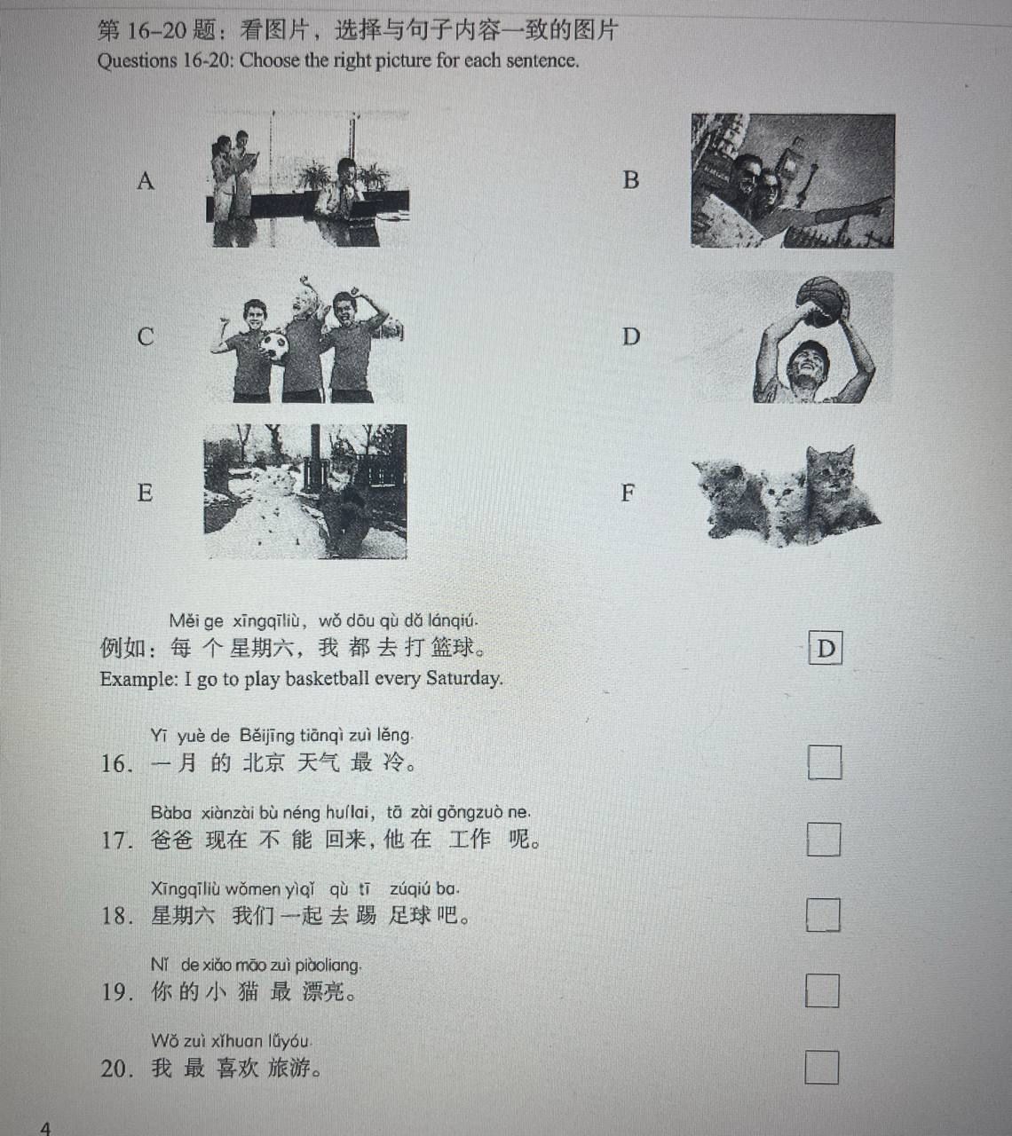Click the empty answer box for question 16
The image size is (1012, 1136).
825,762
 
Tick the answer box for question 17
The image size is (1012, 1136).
824,840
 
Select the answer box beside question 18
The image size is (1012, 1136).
823,915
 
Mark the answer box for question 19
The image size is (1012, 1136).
822,990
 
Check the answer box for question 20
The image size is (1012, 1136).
822,1068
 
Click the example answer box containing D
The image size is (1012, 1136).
826,648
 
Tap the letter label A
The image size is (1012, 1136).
146,181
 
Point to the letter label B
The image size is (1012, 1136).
631,180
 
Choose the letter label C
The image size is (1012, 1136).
146,336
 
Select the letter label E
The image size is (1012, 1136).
145,493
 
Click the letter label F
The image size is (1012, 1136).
628,493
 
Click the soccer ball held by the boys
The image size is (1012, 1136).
273,346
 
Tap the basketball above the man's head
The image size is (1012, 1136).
823,301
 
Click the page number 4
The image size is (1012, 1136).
45,1128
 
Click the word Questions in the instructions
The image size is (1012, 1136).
137,60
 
